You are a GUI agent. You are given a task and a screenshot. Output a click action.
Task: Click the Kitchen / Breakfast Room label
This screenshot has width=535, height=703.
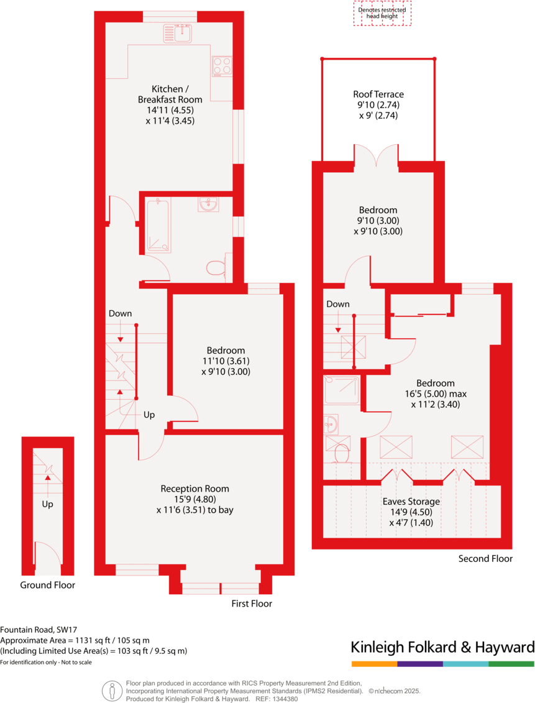(170, 94)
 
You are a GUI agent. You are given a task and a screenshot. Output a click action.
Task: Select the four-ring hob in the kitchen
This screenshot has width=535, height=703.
(222, 65)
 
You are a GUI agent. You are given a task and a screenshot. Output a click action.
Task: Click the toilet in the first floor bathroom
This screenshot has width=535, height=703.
(215, 268)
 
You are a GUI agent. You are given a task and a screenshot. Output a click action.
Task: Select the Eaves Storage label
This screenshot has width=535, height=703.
(411, 502)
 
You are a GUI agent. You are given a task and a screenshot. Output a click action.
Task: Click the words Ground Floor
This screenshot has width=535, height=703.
(47, 585)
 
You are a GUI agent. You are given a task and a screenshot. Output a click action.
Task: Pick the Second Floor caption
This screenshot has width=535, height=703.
(485, 559)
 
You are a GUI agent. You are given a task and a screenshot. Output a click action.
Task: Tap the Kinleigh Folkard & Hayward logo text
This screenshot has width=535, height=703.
(442, 647)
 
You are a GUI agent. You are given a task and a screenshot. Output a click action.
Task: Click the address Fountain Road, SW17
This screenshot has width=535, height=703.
(39, 629)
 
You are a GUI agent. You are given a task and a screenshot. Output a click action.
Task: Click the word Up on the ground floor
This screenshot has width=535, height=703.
(47, 504)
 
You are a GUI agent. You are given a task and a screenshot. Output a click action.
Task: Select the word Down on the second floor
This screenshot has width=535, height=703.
(338, 304)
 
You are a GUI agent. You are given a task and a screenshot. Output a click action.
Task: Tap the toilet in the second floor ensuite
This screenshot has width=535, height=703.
(341, 453)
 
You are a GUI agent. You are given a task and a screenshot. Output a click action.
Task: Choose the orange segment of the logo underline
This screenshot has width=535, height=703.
(374, 664)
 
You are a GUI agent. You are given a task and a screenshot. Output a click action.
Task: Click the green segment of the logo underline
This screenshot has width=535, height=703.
(511, 664)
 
